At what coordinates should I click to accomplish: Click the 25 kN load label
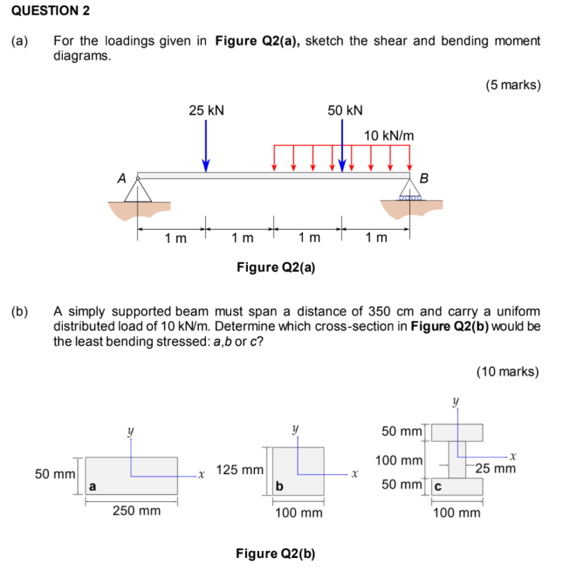click(206, 110)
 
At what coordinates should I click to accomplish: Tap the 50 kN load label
click(345, 110)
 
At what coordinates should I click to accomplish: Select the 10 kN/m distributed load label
click(389, 135)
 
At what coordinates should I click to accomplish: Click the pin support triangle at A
click(138, 191)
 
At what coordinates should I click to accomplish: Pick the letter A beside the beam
click(122, 179)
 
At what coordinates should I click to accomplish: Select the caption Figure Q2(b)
click(276, 554)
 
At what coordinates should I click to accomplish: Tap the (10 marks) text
click(508, 371)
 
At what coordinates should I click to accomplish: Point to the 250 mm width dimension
click(137, 511)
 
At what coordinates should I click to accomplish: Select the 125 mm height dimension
click(240, 470)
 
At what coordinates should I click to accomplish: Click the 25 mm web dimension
click(495, 468)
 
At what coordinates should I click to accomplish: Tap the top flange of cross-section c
click(457, 432)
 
